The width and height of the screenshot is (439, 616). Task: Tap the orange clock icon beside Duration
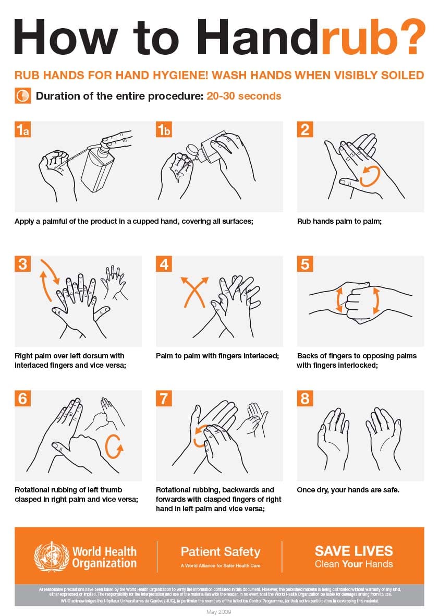(22, 96)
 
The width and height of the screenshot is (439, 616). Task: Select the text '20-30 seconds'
(243, 96)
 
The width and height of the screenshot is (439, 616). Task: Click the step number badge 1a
(22, 130)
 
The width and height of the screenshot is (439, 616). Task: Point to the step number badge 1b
(164, 130)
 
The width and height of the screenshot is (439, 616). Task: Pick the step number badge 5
(305, 264)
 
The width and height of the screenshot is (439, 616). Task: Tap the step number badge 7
(164, 399)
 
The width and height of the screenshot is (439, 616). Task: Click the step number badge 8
(305, 399)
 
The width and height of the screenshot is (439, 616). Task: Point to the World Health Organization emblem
(51, 557)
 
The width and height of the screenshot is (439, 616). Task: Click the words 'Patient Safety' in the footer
(220, 552)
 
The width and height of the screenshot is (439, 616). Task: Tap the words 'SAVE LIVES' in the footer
(353, 551)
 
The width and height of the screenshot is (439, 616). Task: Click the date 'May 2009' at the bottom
(219, 611)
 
